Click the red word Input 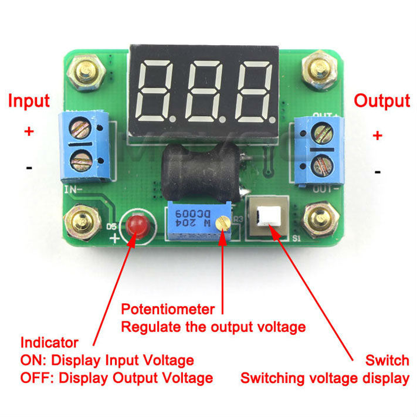pyautogui.click(x=29, y=100)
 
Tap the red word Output pyautogui.click(x=382, y=100)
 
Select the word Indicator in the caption pyautogui.click(x=49, y=343)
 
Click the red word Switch pyautogui.click(x=387, y=360)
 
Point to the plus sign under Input pyautogui.click(x=29, y=131)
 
